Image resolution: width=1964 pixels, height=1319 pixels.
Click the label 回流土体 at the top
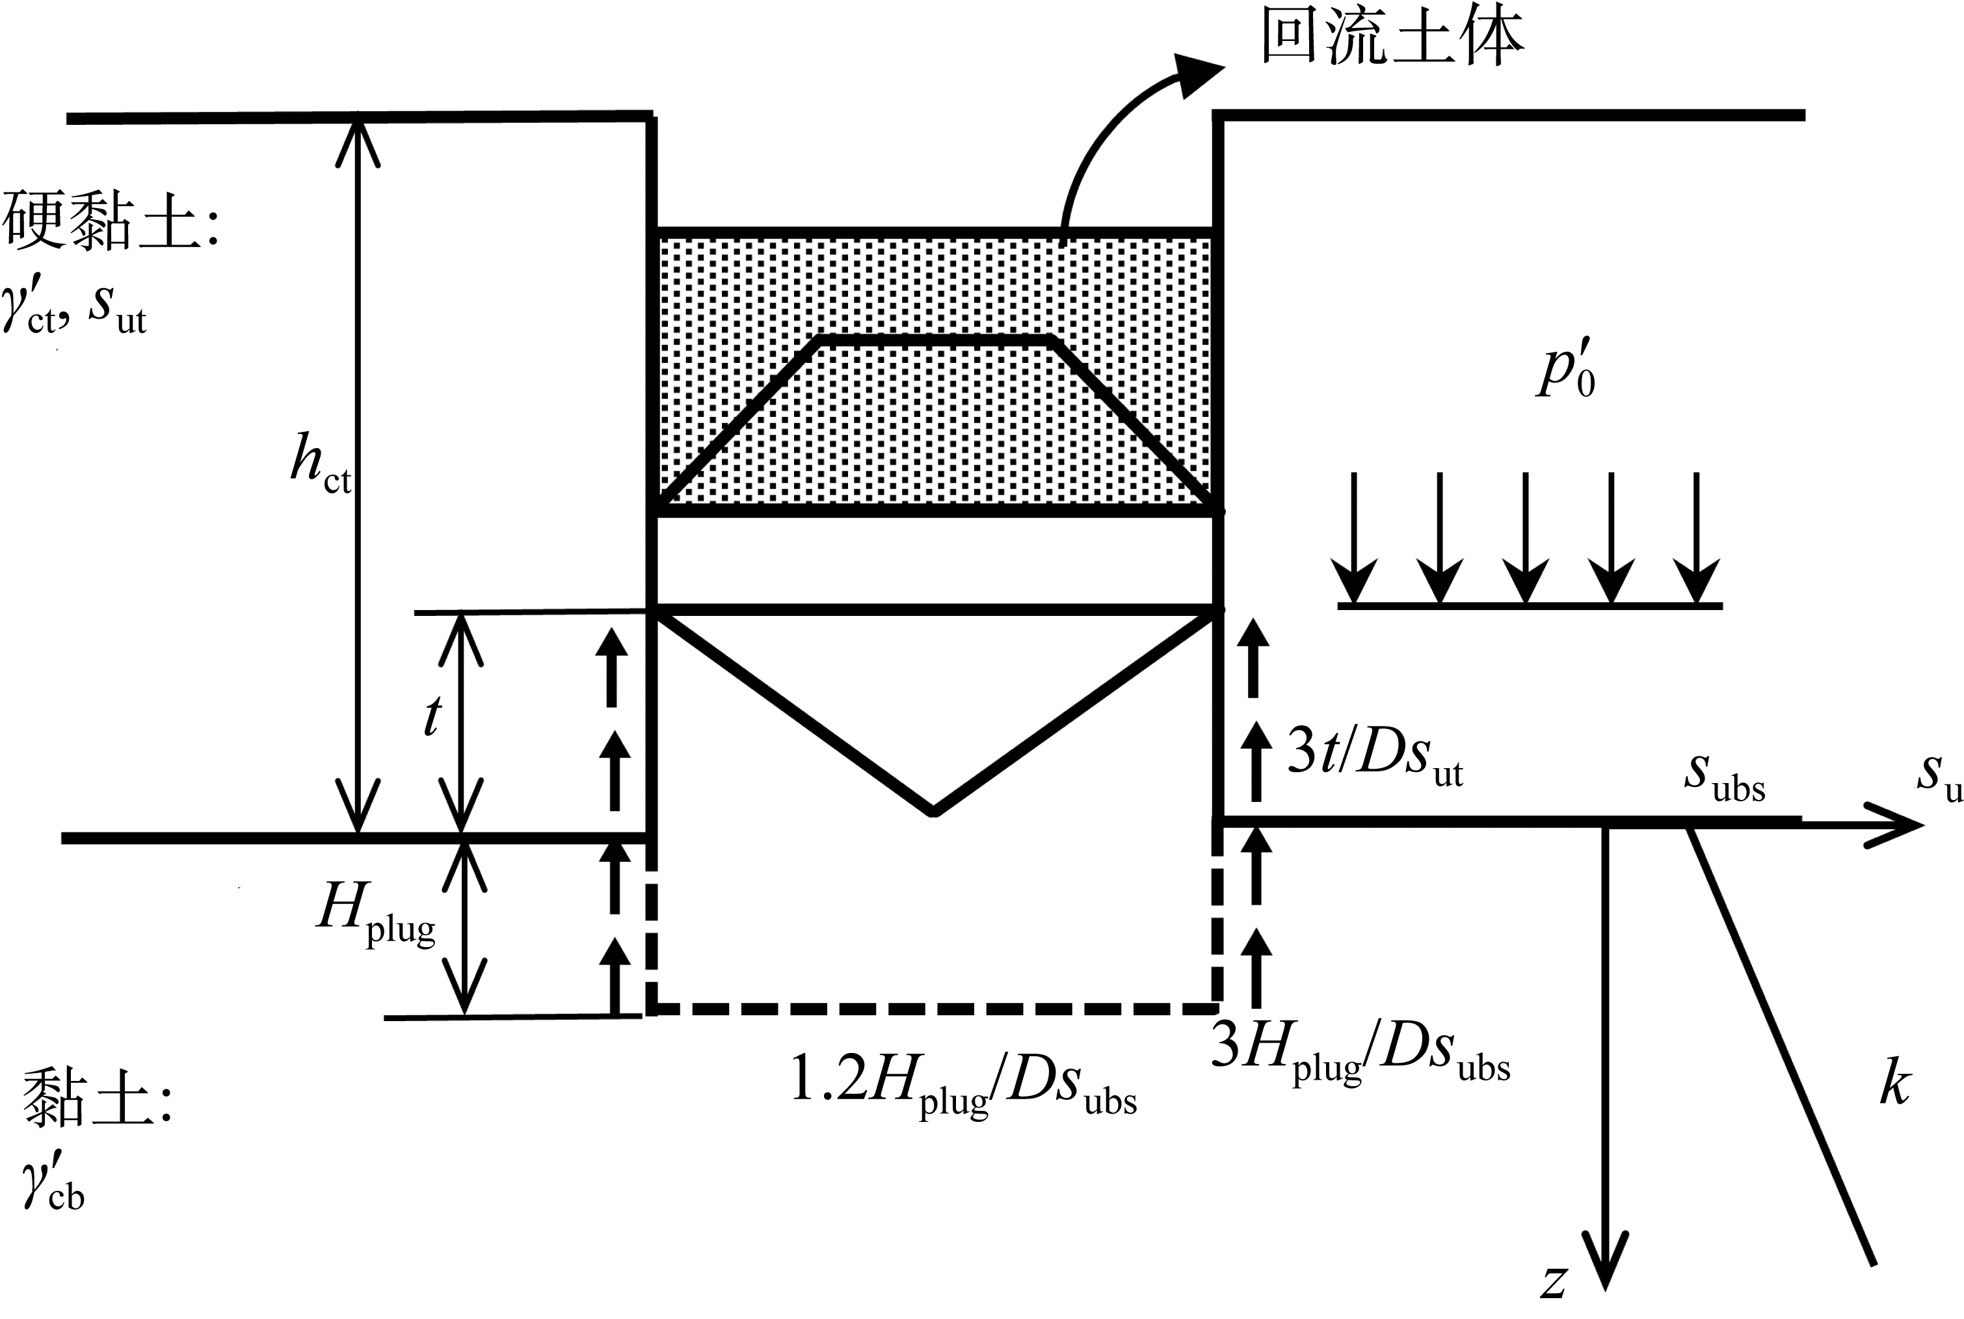[x=1392, y=38]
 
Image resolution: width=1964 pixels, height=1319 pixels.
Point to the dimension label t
[x=431, y=717]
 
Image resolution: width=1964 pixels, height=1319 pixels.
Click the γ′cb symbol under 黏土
[x=54, y=1182]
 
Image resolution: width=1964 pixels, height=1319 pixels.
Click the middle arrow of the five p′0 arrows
[x=1525, y=580]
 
